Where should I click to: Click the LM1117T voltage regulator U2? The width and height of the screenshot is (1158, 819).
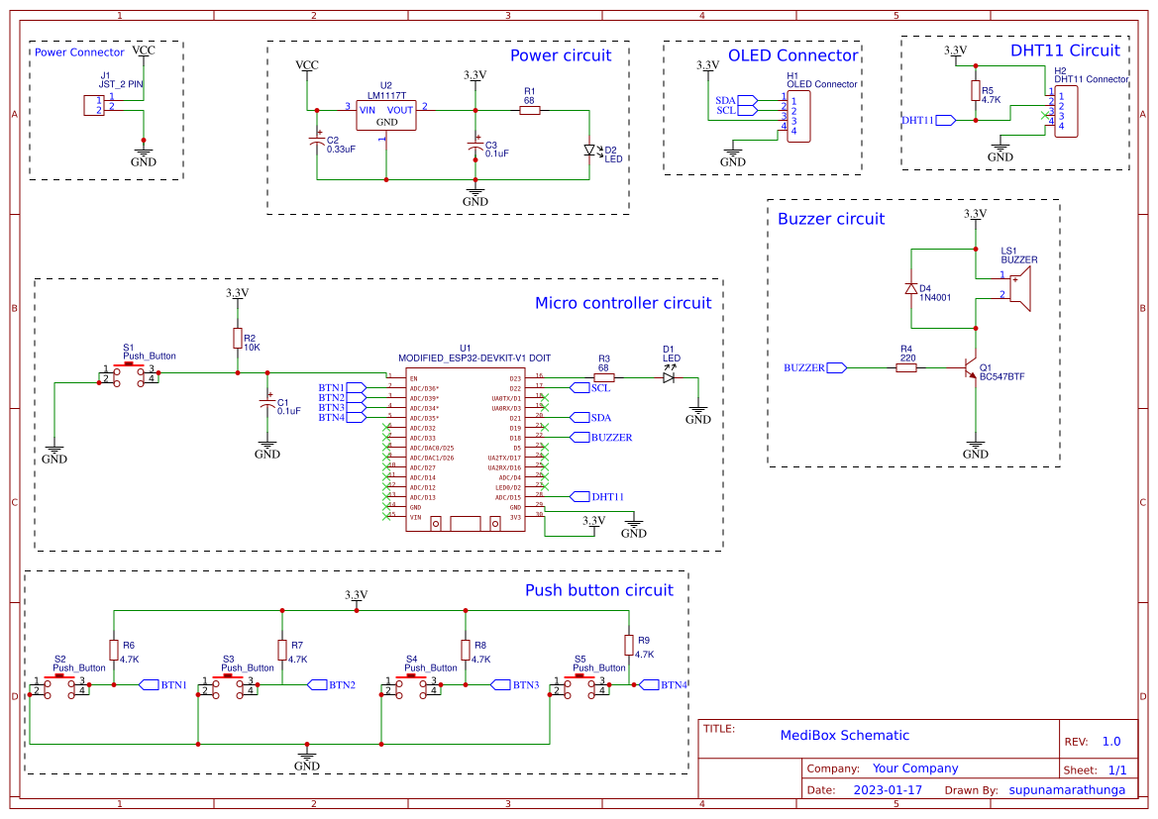(x=386, y=116)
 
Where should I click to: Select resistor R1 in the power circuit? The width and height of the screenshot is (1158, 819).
(x=529, y=110)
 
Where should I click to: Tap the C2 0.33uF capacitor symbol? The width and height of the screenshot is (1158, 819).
(x=317, y=144)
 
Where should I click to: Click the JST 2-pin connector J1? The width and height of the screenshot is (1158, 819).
(x=94, y=105)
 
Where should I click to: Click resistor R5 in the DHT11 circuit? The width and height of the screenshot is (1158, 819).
(x=975, y=91)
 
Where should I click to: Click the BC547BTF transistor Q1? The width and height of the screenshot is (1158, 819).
(x=971, y=368)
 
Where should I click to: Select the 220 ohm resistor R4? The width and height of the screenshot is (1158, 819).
(x=905, y=367)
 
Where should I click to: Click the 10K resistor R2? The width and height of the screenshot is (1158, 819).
(x=238, y=339)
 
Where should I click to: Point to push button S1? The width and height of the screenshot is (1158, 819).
(x=129, y=374)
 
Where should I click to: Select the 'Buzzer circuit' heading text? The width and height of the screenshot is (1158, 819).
(x=830, y=219)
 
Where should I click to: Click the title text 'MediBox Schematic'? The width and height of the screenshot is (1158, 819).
(x=844, y=735)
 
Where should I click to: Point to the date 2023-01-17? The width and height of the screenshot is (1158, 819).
(x=887, y=790)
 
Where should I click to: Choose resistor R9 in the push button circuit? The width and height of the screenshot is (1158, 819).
(x=628, y=646)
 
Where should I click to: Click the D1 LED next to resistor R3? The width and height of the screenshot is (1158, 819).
(x=669, y=377)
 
